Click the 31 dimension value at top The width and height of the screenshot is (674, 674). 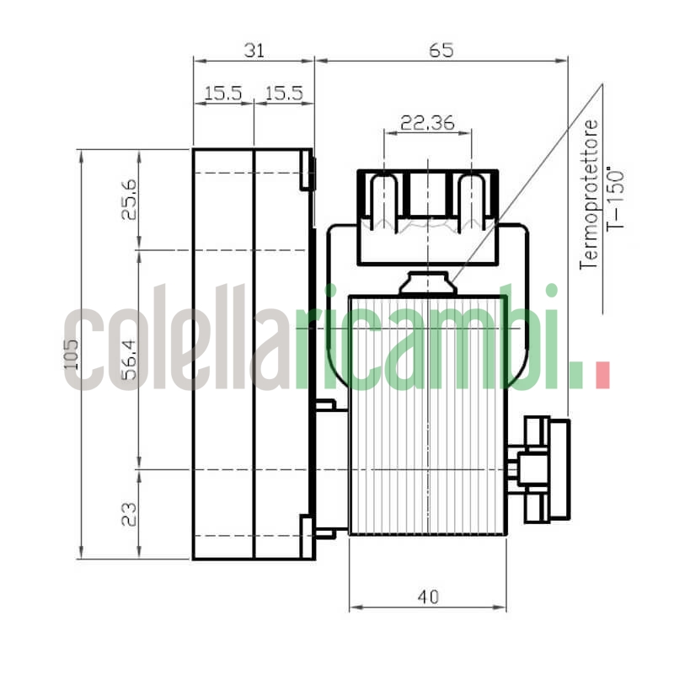(x=254, y=50)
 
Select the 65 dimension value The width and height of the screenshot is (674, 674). (x=441, y=50)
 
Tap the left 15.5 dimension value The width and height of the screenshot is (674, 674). (x=223, y=94)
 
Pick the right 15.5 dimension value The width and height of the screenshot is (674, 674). (x=284, y=94)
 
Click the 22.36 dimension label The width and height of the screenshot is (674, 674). (x=427, y=122)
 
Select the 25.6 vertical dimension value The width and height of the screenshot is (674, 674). (x=129, y=200)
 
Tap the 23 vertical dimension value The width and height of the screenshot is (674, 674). (x=129, y=513)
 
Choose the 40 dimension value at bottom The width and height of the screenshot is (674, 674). (x=428, y=596)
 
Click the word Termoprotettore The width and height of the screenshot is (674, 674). (x=591, y=194)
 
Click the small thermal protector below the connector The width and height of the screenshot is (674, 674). (x=428, y=283)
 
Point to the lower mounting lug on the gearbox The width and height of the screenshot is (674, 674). (x=308, y=536)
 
